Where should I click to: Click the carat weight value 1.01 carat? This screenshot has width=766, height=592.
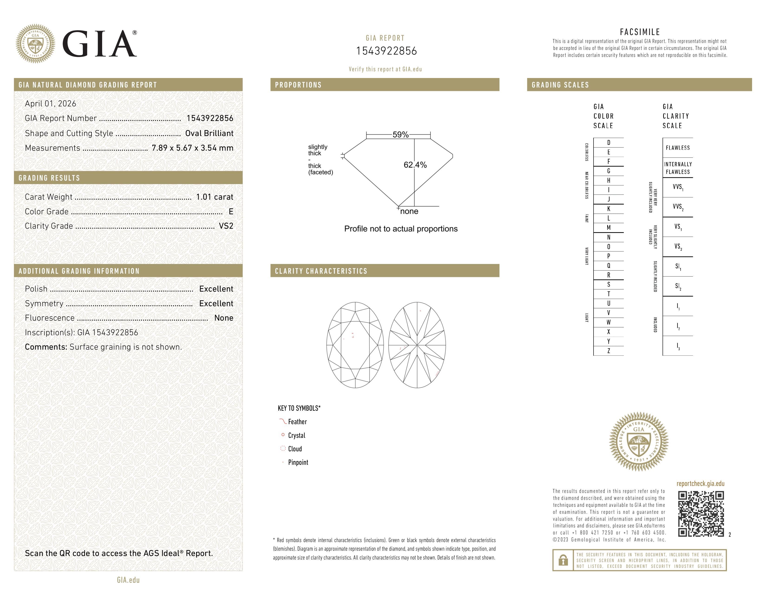[x=214, y=197]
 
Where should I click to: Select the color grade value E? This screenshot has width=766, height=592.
[x=231, y=211]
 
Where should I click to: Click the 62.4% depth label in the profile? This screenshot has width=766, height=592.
[x=415, y=165]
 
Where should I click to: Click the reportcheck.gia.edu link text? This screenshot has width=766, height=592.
[x=700, y=484]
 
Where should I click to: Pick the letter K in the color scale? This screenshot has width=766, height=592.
[x=609, y=209]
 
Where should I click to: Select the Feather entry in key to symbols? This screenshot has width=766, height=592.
[x=297, y=422]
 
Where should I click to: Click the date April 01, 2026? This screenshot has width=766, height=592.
[x=51, y=104]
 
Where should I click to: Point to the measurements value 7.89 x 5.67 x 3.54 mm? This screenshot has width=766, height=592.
[x=193, y=148]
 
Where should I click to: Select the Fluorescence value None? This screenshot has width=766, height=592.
[x=224, y=318]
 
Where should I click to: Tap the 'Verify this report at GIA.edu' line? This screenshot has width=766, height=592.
[x=385, y=69]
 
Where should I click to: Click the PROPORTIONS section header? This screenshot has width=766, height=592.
[x=298, y=85]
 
